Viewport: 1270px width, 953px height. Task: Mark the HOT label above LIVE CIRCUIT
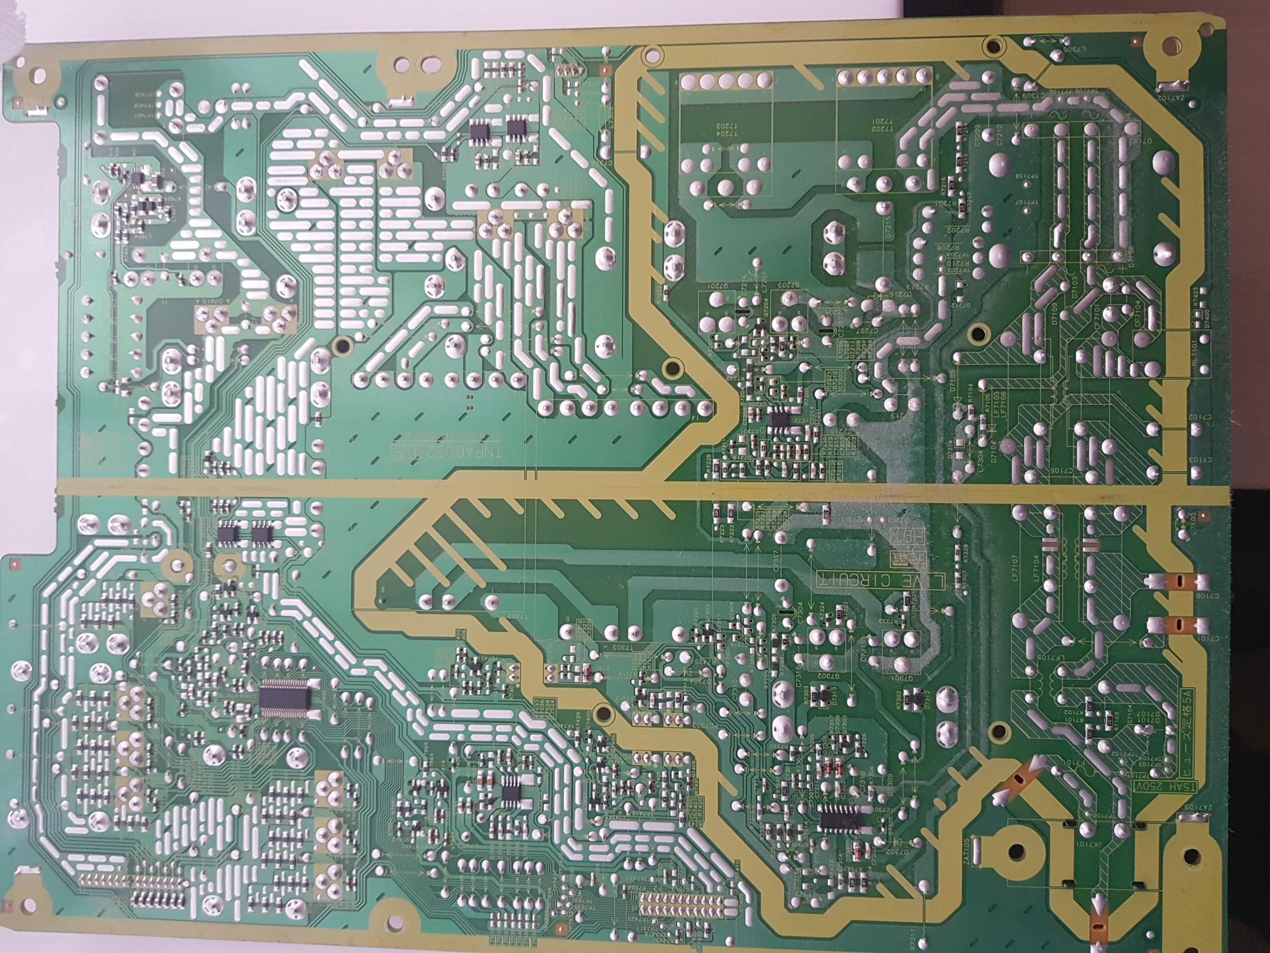(x=899, y=537)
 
